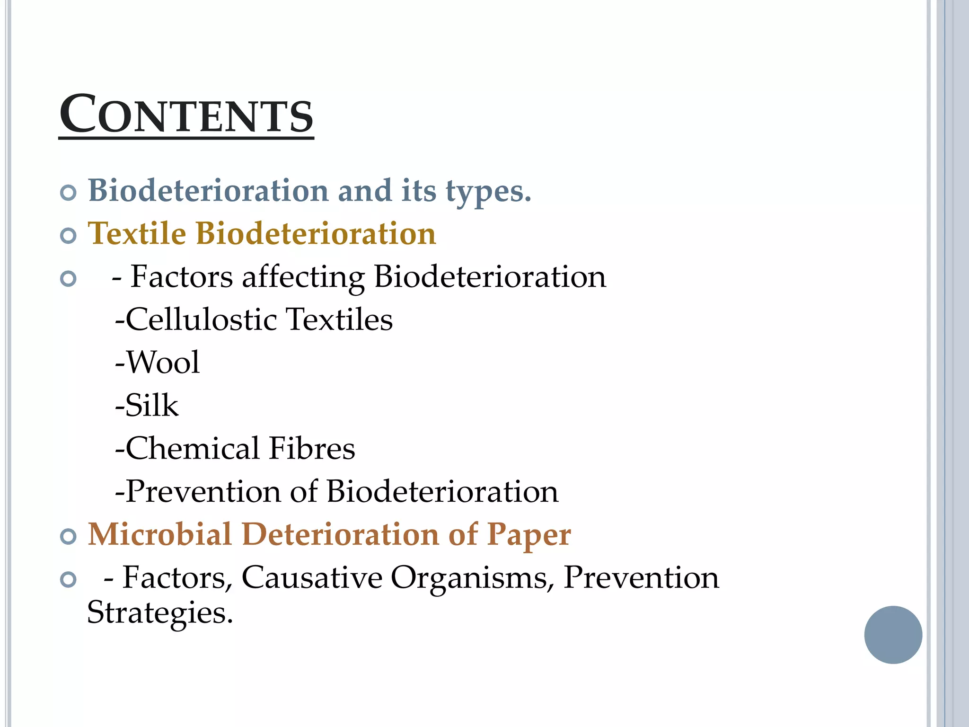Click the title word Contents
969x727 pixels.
(186, 115)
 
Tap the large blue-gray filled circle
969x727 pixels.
(893, 635)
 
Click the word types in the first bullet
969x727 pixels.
(488, 192)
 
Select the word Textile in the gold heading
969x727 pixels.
(137, 233)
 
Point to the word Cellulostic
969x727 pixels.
(201, 319)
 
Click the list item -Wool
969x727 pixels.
(158, 363)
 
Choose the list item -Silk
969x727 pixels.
(147, 406)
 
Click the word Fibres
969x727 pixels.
(312, 448)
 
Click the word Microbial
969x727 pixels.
(160, 534)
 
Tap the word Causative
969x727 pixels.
(312, 577)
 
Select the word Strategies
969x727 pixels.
(160, 613)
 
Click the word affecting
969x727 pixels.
(303, 277)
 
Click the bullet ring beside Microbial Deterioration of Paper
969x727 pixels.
(69, 537)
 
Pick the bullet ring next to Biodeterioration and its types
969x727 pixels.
(69, 193)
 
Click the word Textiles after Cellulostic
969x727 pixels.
(340, 319)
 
